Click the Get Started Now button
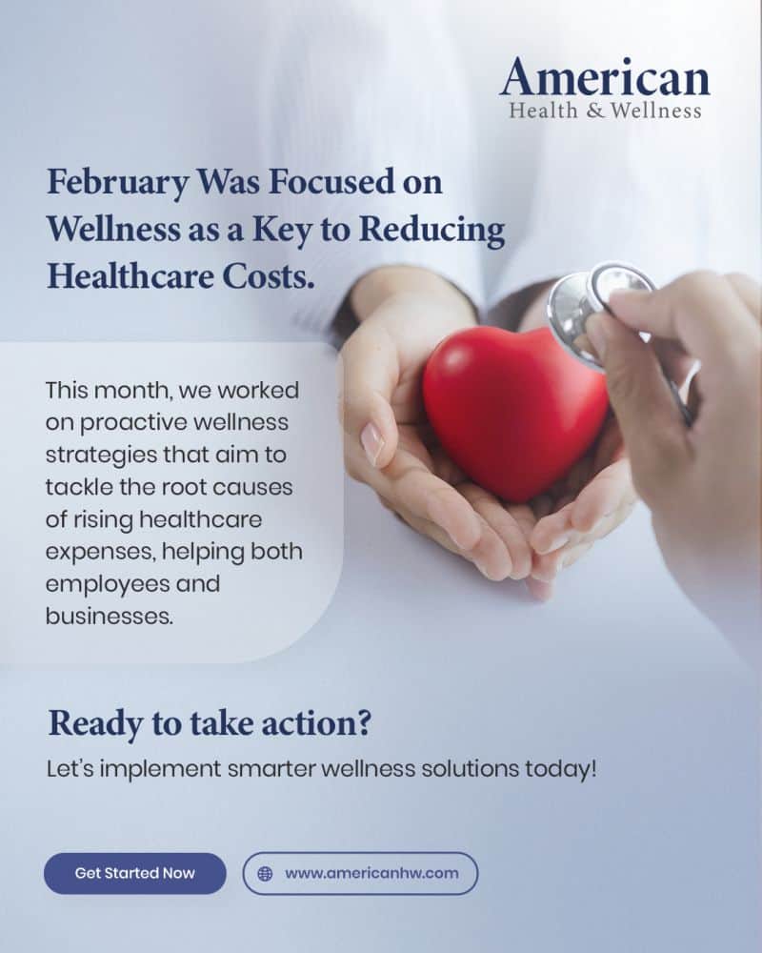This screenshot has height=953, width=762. tap(135, 873)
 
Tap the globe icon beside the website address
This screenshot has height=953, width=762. tap(265, 873)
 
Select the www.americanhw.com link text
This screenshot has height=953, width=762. tap(371, 873)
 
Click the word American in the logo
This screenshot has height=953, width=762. tap(605, 76)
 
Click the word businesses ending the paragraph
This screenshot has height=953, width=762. tap(110, 617)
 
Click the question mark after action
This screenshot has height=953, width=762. tap(363, 723)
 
